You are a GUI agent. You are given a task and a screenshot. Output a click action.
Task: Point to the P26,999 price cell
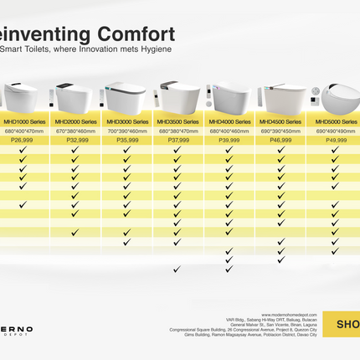(x=23, y=141)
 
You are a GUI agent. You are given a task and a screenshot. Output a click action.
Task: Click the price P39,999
(x=229, y=141)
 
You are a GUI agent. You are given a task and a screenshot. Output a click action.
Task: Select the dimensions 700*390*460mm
(x=126, y=131)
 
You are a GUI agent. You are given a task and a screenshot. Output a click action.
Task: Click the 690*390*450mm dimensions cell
(x=280, y=131)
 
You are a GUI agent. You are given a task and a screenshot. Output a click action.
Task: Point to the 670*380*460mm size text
(x=75, y=131)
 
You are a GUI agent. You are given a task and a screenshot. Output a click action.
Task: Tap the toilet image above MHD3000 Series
(x=126, y=98)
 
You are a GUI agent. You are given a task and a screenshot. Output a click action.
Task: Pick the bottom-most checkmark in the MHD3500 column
(x=177, y=270)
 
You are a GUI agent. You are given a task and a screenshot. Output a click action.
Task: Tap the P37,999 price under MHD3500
(x=177, y=141)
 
